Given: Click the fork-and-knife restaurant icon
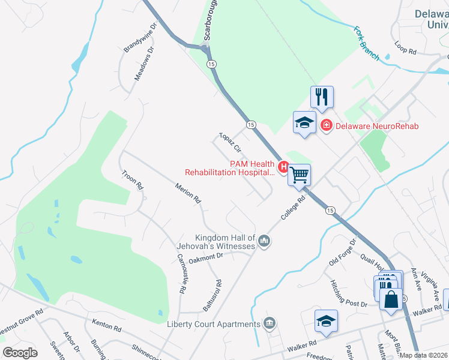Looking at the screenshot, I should [x=322, y=97].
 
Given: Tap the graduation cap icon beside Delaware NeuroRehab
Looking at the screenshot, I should [x=304, y=123].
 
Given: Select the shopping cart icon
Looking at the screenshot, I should [x=299, y=175].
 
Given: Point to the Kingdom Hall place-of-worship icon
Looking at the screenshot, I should [x=264, y=241].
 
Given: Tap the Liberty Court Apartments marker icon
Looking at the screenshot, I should [x=270, y=324].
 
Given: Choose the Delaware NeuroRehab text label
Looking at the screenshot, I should [x=376, y=126].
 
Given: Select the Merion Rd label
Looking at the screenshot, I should [x=187, y=194].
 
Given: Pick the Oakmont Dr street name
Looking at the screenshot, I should [x=206, y=257].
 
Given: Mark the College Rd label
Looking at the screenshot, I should [x=294, y=207].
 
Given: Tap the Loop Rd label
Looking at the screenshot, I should [x=405, y=49].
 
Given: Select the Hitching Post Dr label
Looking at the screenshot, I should [x=348, y=293].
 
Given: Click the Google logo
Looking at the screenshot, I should [x=20, y=352].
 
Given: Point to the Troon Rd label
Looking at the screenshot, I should [x=132, y=179].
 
